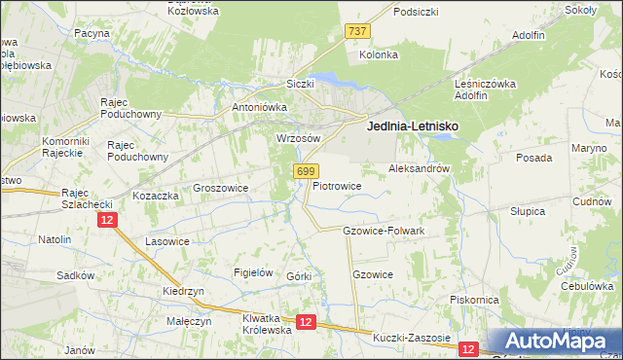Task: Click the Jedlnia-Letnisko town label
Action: (x=412, y=126)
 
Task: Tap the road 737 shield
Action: (x=357, y=32)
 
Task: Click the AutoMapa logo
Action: (x=555, y=341)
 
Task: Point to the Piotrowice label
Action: (x=337, y=185)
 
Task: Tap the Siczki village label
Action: (x=300, y=84)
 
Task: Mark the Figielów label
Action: (x=253, y=272)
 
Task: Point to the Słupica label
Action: (x=529, y=210)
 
